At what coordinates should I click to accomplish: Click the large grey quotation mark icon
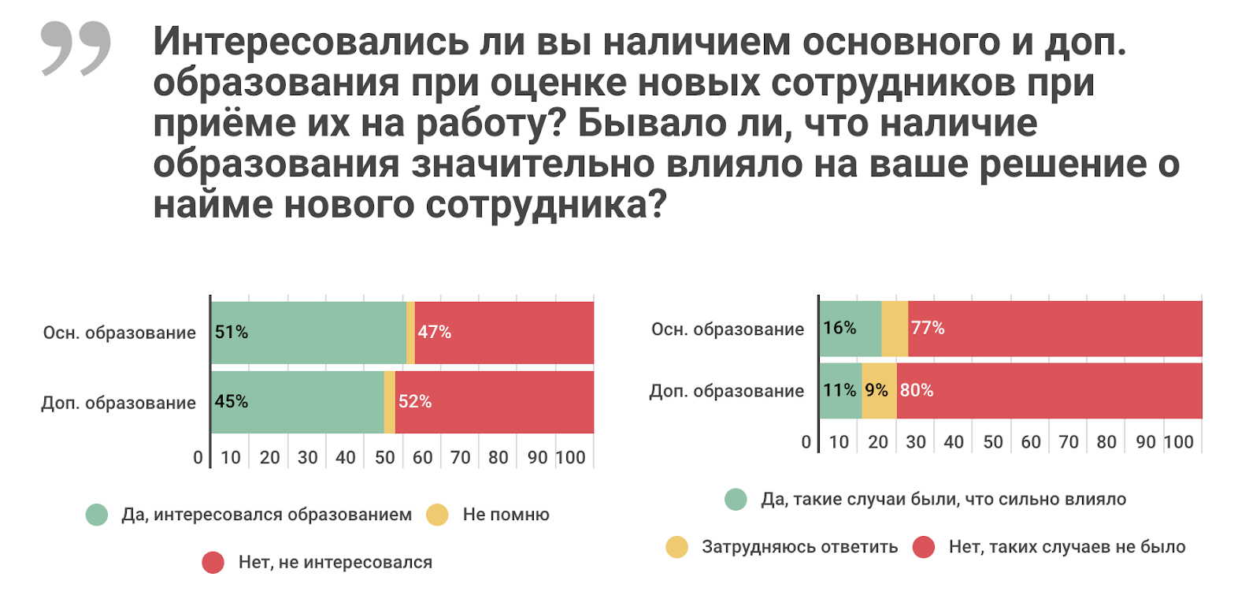coord(76,48)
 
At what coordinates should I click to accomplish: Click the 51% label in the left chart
coord(231,332)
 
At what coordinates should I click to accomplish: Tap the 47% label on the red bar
coord(434,332)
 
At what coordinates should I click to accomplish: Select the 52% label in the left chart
coord(414,401)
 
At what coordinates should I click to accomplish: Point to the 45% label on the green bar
coord(231,401)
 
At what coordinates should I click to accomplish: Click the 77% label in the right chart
coord(927,328)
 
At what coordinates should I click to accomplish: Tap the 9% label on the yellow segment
coord(876,390)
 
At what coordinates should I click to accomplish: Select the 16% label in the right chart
coord(839,328)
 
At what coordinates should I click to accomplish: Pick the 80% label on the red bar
coord(916,390)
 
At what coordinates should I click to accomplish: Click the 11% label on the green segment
coord(839,390)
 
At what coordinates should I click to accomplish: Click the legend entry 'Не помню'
coord(506,515)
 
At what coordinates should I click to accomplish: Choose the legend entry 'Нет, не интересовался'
coord(335,562)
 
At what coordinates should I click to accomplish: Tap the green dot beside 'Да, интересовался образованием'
coord(97,515)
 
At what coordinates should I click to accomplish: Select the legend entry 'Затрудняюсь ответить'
coord(799,547)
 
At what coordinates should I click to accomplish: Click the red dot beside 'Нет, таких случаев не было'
coord(923,547)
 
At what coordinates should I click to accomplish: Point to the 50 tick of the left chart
coord(384,457)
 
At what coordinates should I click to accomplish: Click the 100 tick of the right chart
coord(1178,442)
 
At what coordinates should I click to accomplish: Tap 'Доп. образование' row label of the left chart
coord(118,403)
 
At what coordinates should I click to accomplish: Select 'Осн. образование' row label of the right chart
coord(727,329)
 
